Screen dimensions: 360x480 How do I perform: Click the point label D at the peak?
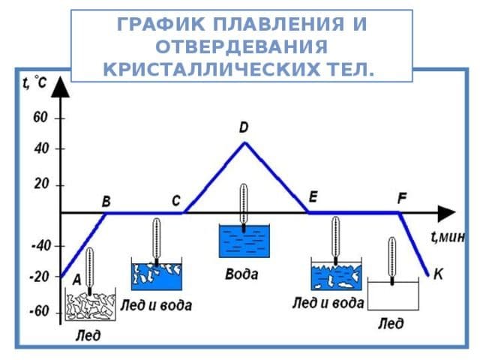tap(244, 128)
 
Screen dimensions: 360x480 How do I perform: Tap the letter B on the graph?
tap(106, 202)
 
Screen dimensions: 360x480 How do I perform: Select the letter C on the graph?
tap(175, 201)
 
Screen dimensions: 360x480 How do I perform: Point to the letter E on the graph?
tap(313, 196)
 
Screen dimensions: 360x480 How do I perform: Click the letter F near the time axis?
tap(402, 199)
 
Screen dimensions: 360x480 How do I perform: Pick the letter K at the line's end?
tap(438, 275)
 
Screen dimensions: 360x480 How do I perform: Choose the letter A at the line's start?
tap(76, 279)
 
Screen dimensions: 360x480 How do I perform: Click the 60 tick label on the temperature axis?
tap(40, 118)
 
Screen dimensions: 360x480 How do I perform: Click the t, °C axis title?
tap(34, 84)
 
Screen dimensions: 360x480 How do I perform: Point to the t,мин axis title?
tap(448, 237)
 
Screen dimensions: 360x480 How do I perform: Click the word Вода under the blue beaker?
tap(241, 274)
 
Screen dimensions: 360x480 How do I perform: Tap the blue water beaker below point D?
tap(242, 242)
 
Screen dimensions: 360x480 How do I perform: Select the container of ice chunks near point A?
tap(90, 306)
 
